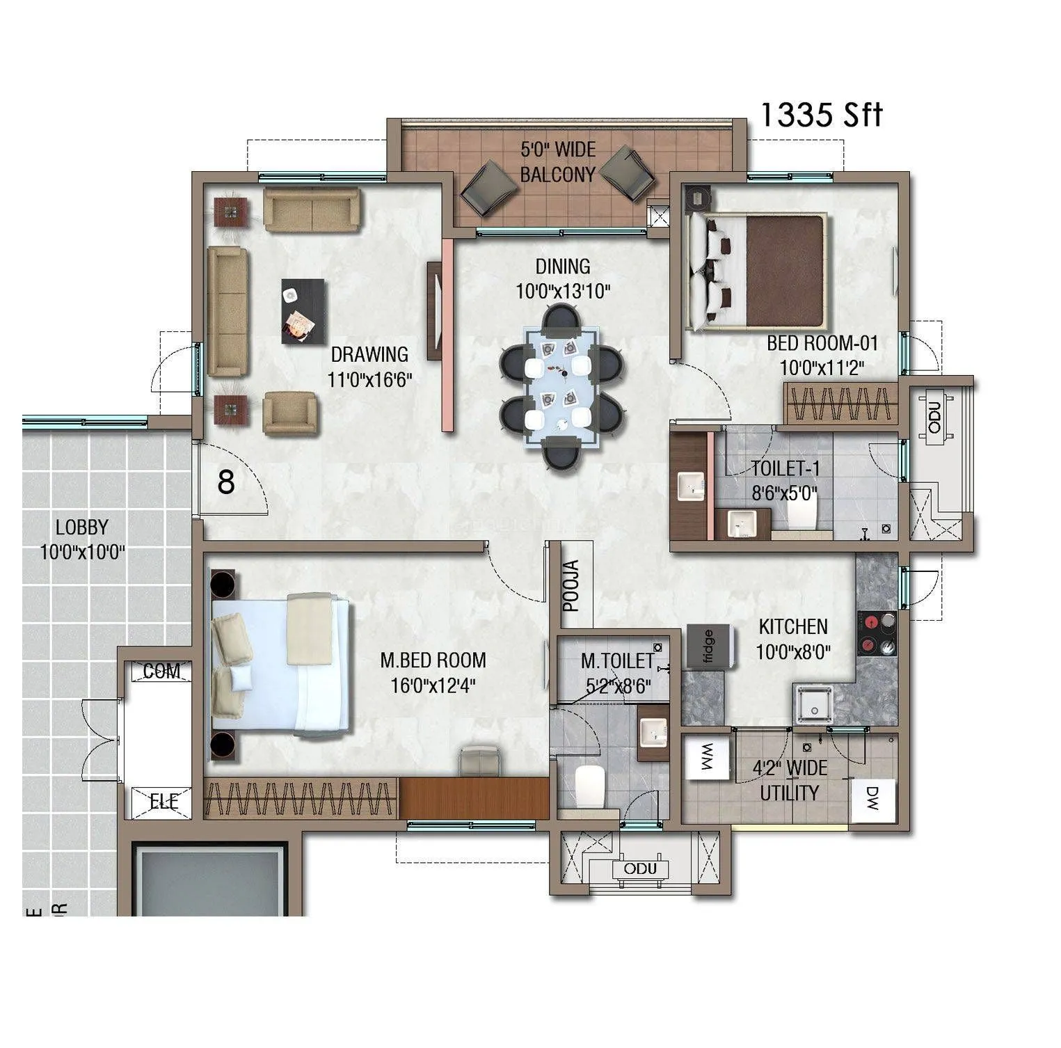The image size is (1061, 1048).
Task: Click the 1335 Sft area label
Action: [x=820, y=115]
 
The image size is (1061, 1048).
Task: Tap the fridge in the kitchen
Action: [x=710, y=647]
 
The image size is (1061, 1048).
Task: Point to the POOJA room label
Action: [x=571, y=585]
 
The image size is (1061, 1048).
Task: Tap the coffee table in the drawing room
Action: [x=303, y=311]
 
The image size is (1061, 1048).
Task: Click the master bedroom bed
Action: [x=282, y=665]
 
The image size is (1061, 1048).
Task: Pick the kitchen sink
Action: [x=814, y=704]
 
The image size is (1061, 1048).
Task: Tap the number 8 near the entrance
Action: [x=226, y=482]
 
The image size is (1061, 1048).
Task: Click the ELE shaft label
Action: [x=164, y=802]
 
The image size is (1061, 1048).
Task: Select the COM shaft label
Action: [x=161, y=672]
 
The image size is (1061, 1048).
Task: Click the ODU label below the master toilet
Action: [x=640, y=868]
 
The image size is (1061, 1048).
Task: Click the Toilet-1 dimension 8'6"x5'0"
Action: [x=784, y=493]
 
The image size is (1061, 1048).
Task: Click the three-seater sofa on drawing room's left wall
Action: [x=228, y=311]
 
